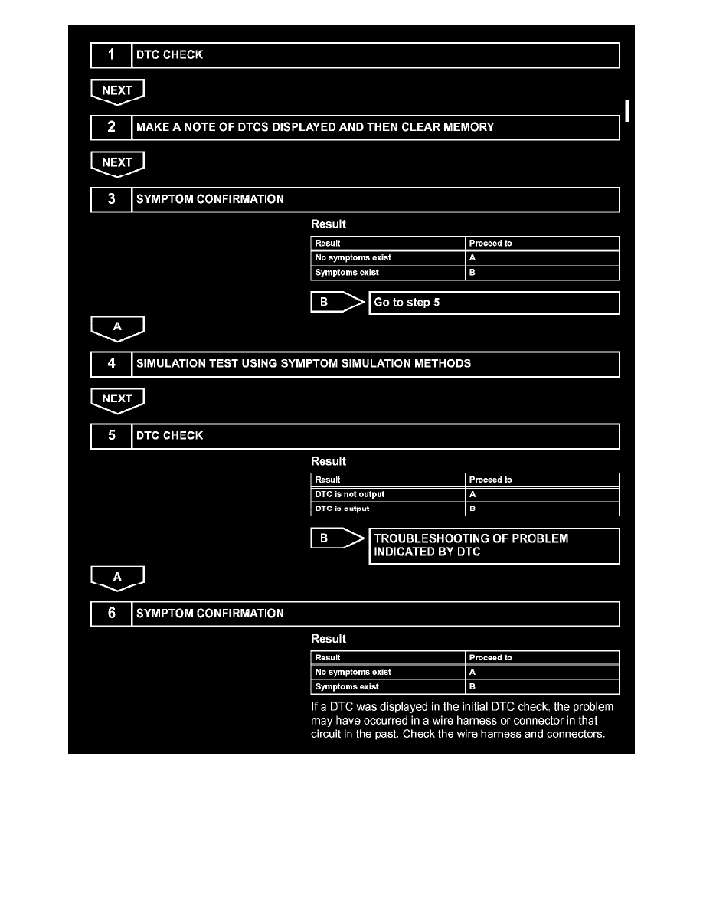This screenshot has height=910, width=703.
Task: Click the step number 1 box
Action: pos(111,55)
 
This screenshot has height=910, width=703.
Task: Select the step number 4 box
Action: pos(111,364)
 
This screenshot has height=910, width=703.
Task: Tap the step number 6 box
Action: pos(111,614)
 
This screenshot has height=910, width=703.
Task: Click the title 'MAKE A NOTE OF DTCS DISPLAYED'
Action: pos(315,127)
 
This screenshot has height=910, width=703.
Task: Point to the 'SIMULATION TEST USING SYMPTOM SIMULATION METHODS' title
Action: pos(303,364)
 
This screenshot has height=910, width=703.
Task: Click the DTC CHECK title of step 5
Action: pos(169,436)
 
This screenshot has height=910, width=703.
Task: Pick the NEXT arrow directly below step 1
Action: pos(117,91)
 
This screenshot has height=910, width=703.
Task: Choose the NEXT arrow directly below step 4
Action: pos(117,399)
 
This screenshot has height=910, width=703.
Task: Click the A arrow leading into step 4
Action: pos(117,328)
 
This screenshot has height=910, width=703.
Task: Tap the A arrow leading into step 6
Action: pos(117,578)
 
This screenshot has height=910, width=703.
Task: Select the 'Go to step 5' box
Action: pos(494,303)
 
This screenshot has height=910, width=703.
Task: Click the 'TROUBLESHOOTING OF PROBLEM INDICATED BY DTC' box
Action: pos(494,545)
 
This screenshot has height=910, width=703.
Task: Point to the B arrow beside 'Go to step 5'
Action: pos(337,303)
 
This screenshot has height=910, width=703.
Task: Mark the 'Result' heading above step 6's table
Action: pos(329,639)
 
